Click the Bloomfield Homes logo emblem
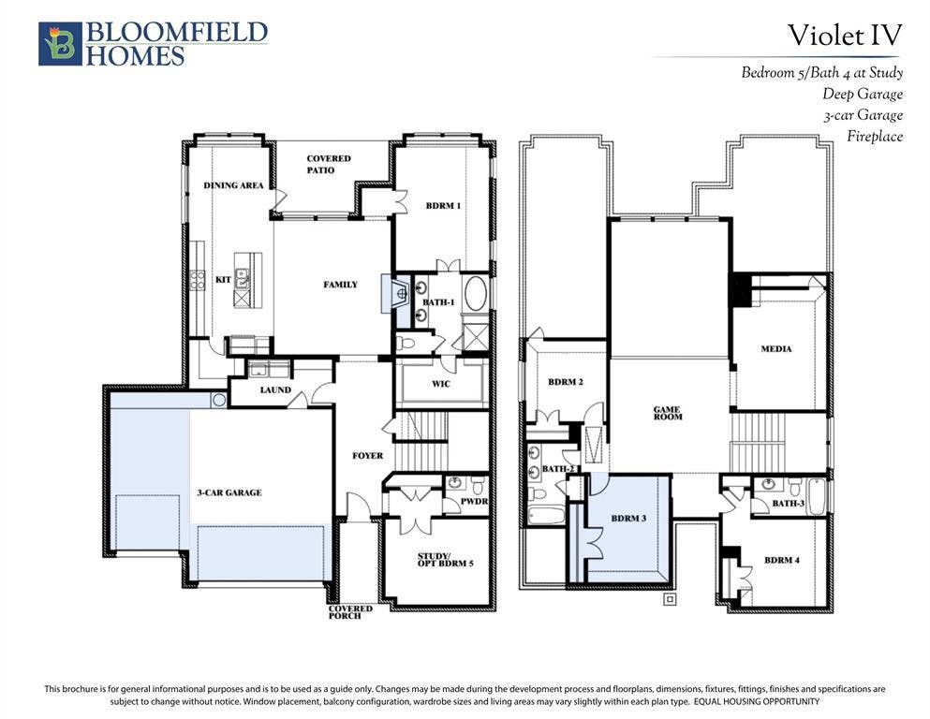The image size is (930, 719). [60, 44]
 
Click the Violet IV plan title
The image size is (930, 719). [845, 35]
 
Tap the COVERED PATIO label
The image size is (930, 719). [329, 164]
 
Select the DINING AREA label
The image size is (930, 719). [234, 185]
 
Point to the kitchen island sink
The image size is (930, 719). [242, 278]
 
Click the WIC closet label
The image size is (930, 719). [441, 384]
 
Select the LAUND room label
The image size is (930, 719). [275, 390]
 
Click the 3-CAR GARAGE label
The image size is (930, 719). [229, 492]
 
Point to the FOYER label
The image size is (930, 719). [368, 456]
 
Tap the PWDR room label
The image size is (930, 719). [474, 502]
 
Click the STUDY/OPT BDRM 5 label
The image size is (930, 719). [446, 560]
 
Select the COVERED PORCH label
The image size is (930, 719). [350, 612]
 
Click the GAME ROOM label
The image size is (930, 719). [668, 413]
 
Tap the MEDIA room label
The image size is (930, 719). [776, 349]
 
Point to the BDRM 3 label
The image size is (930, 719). [628, 519]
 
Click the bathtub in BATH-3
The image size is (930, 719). [816, 497]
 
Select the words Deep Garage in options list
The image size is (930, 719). [863, 95]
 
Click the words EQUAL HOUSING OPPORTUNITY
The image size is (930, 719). [757, 702]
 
